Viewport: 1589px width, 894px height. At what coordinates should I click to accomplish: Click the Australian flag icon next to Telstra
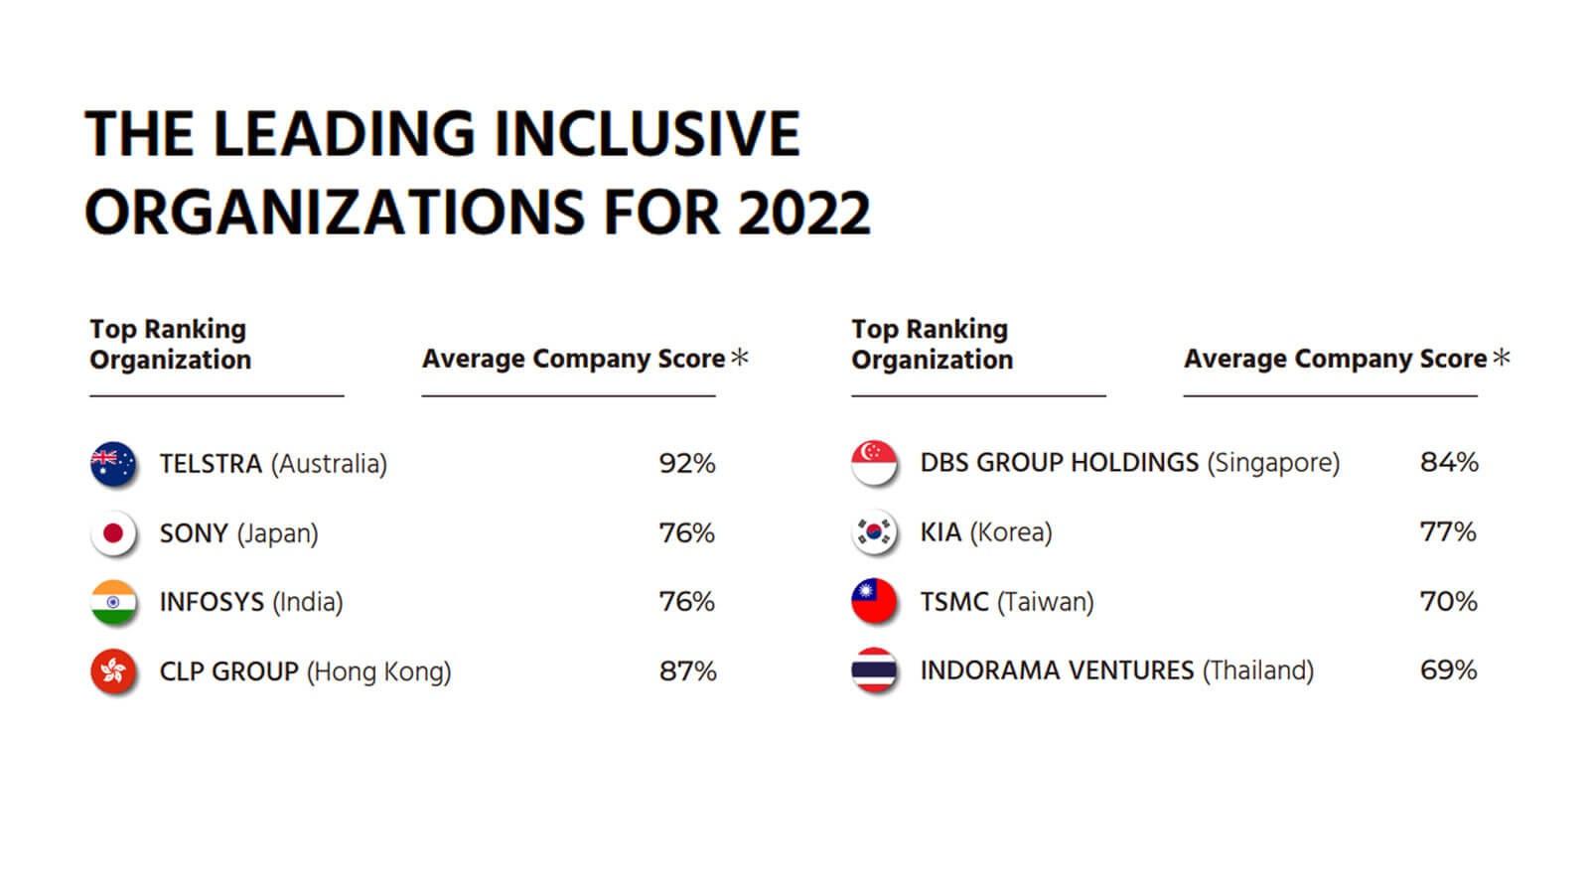click(113, 463)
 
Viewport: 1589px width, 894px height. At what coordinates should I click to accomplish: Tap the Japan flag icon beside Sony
click(113, 532)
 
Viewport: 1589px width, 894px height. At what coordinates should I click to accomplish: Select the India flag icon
click(113, 602)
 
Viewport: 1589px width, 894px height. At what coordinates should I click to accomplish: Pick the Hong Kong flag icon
click(113, 670)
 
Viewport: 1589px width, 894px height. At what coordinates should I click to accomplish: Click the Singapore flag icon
click(874, 463)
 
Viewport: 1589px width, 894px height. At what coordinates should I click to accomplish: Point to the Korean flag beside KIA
click(874, 531)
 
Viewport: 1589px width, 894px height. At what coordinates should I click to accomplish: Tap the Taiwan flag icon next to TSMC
click(874, 601)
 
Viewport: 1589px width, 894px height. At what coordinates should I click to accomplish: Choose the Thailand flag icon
click(874, 670)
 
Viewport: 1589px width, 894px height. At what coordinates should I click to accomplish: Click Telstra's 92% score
click(686, 463)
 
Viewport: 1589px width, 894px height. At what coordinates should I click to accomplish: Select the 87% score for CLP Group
click(687, 671)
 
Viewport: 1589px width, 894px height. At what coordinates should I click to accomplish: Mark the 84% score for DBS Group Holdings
click(1449, 463)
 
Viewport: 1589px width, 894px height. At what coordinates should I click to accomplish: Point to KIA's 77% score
click(1448, 532)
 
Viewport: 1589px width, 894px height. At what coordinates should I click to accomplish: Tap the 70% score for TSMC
click(1449, 602)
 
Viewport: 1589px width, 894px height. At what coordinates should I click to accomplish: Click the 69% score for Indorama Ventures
click(1449, 670)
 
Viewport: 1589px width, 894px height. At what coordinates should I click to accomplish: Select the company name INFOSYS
click(213, 602)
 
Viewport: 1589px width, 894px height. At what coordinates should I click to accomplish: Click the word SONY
click(194, 533)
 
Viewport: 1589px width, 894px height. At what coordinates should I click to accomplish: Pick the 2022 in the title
click(803, 213)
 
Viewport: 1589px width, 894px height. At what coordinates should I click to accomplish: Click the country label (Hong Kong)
click(378, 671)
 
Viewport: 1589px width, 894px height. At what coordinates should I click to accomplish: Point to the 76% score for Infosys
click(686, 602)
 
